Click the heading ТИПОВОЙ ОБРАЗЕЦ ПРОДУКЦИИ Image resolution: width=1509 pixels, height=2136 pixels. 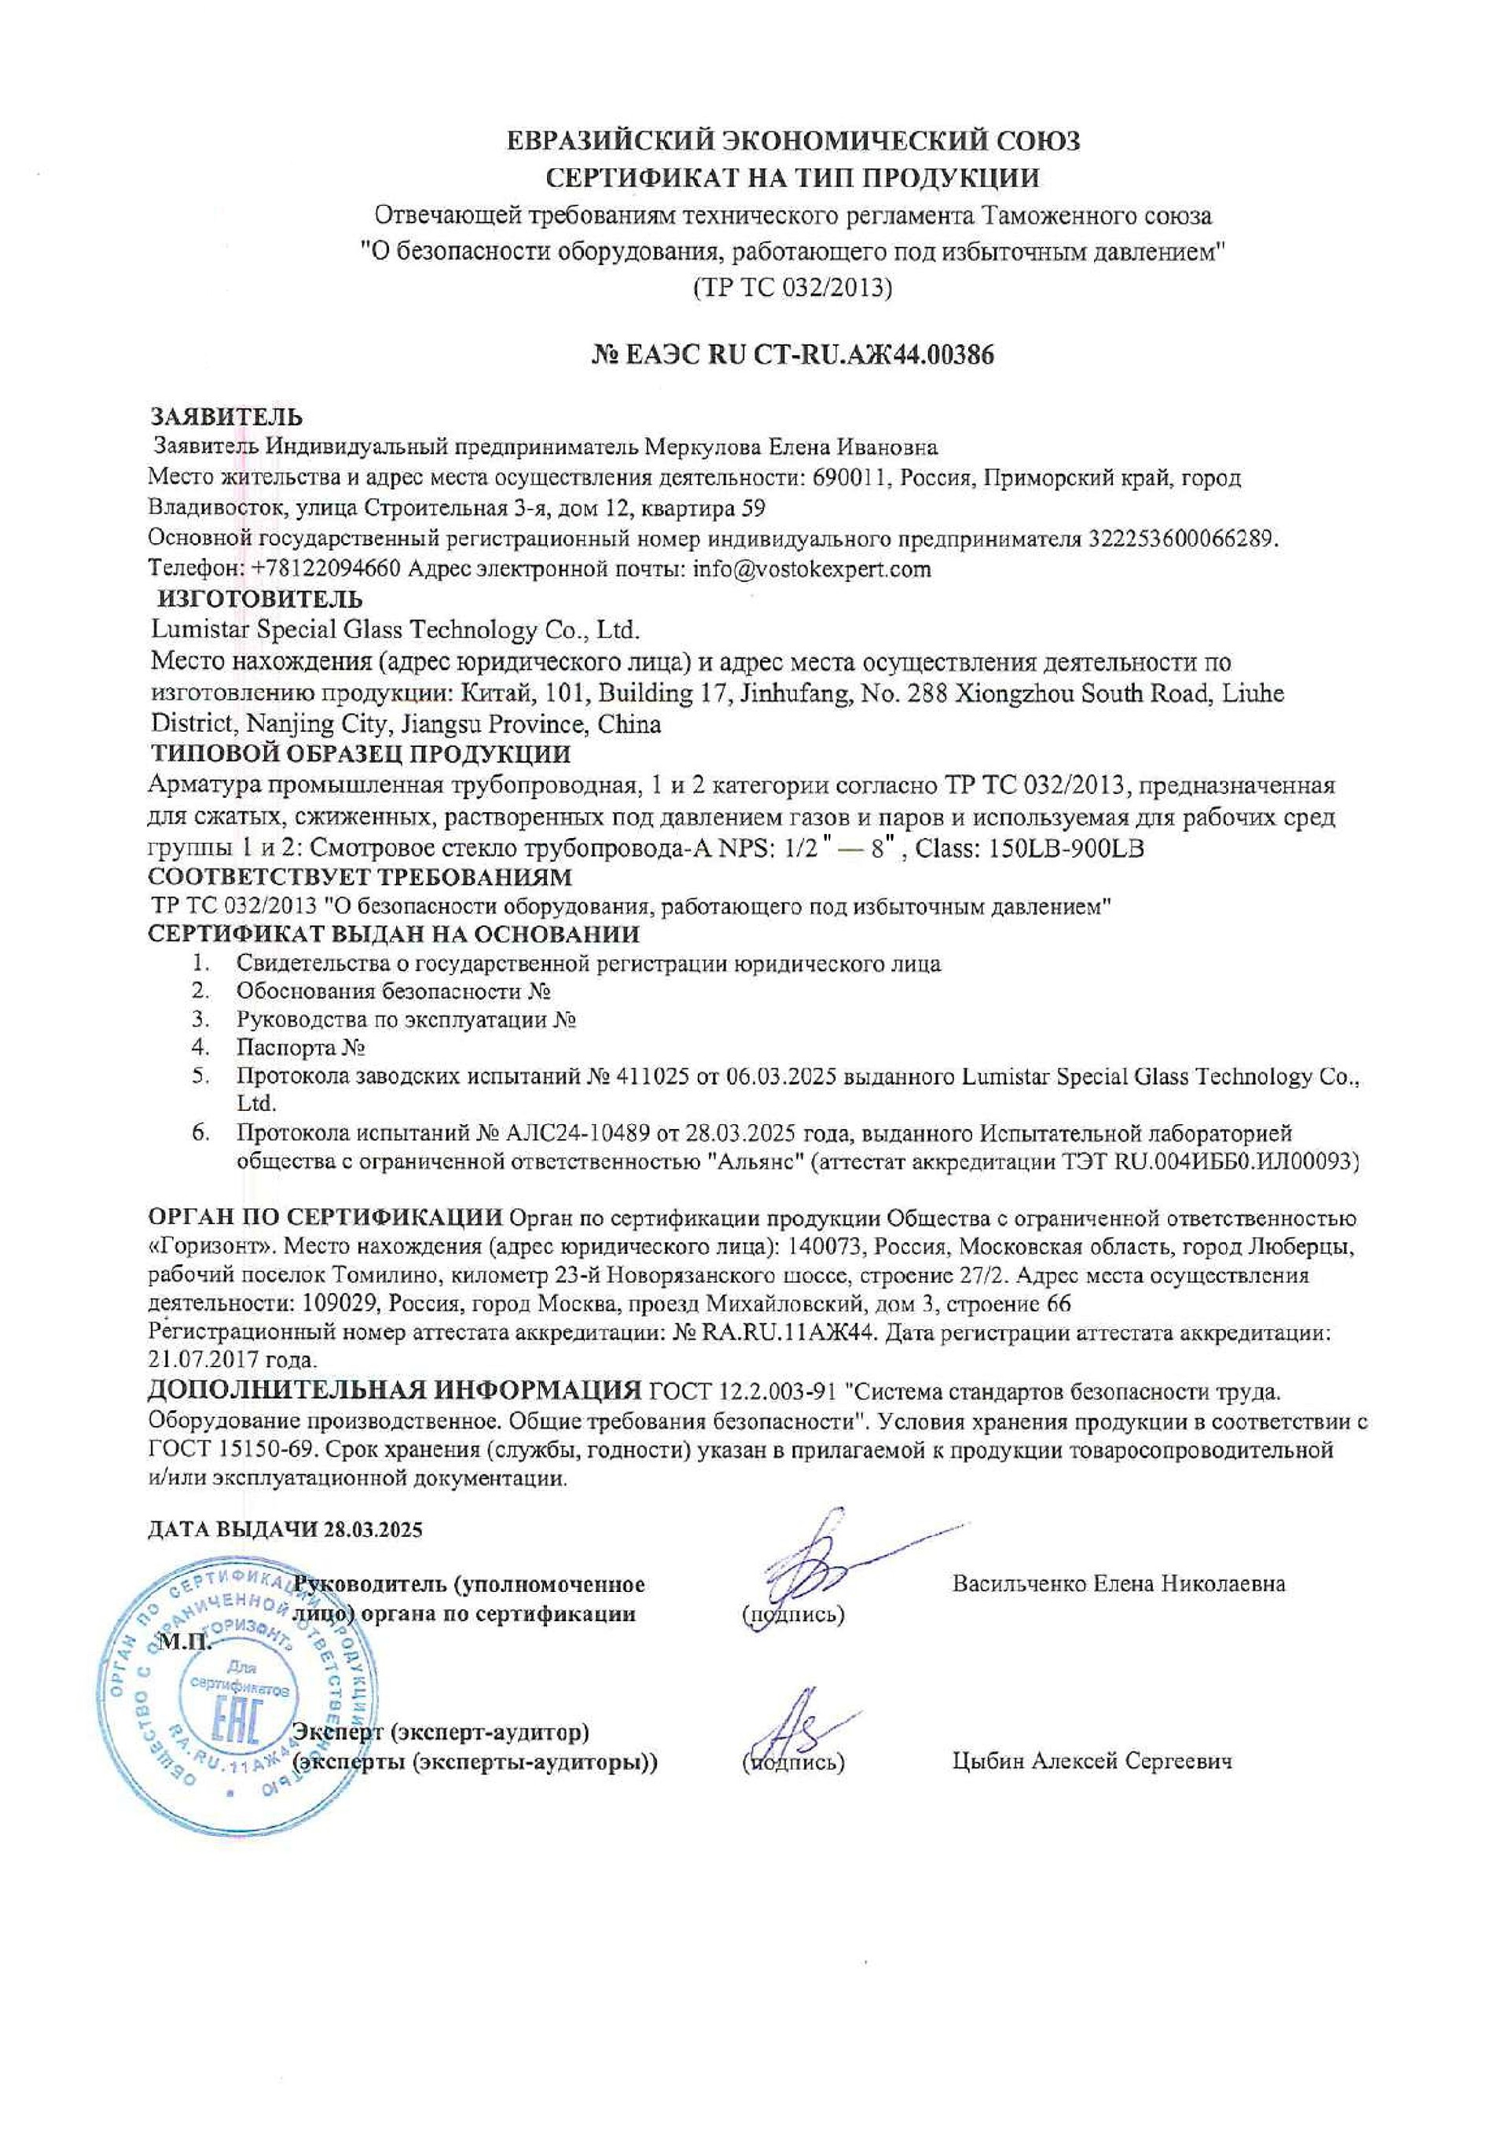coord(360,754)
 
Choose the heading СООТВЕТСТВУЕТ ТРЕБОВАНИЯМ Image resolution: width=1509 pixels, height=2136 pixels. coord(360,877)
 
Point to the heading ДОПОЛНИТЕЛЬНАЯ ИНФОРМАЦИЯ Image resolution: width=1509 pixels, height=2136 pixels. coord(395,1392)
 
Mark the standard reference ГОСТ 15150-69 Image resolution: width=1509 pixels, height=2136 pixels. coord(235,1450)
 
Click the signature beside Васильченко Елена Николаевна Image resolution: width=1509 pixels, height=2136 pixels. coord(819,1571)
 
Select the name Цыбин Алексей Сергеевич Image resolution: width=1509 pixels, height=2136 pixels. coord(1092,1761)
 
